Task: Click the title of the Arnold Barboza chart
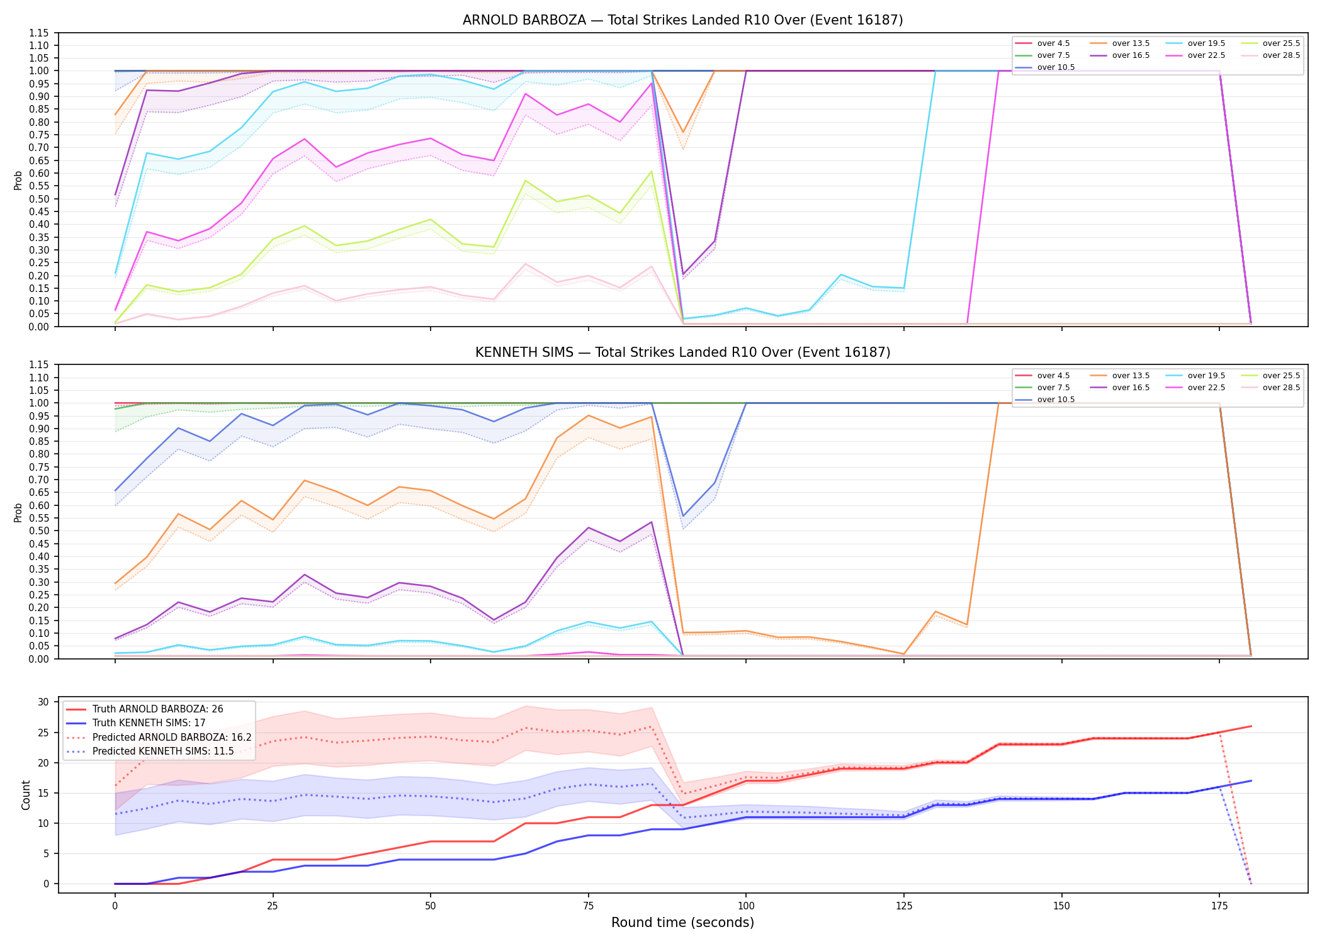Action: click(682, 20)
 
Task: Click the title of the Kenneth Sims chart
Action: click(682, 352)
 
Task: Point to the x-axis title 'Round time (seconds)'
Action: click(682, 923)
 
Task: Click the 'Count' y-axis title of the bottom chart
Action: click(26, 795)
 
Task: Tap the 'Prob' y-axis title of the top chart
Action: click(18, 180)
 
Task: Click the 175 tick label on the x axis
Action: click(1219, 906)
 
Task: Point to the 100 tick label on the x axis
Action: click(746, 906)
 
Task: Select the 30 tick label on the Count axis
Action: click(43, 702)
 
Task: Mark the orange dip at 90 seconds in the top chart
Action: click(683, 132)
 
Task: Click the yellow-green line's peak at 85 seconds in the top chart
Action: click(652, 171)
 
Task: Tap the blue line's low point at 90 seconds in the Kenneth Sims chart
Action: click(683, 516)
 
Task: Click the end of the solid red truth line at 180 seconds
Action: click(1251, 726)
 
